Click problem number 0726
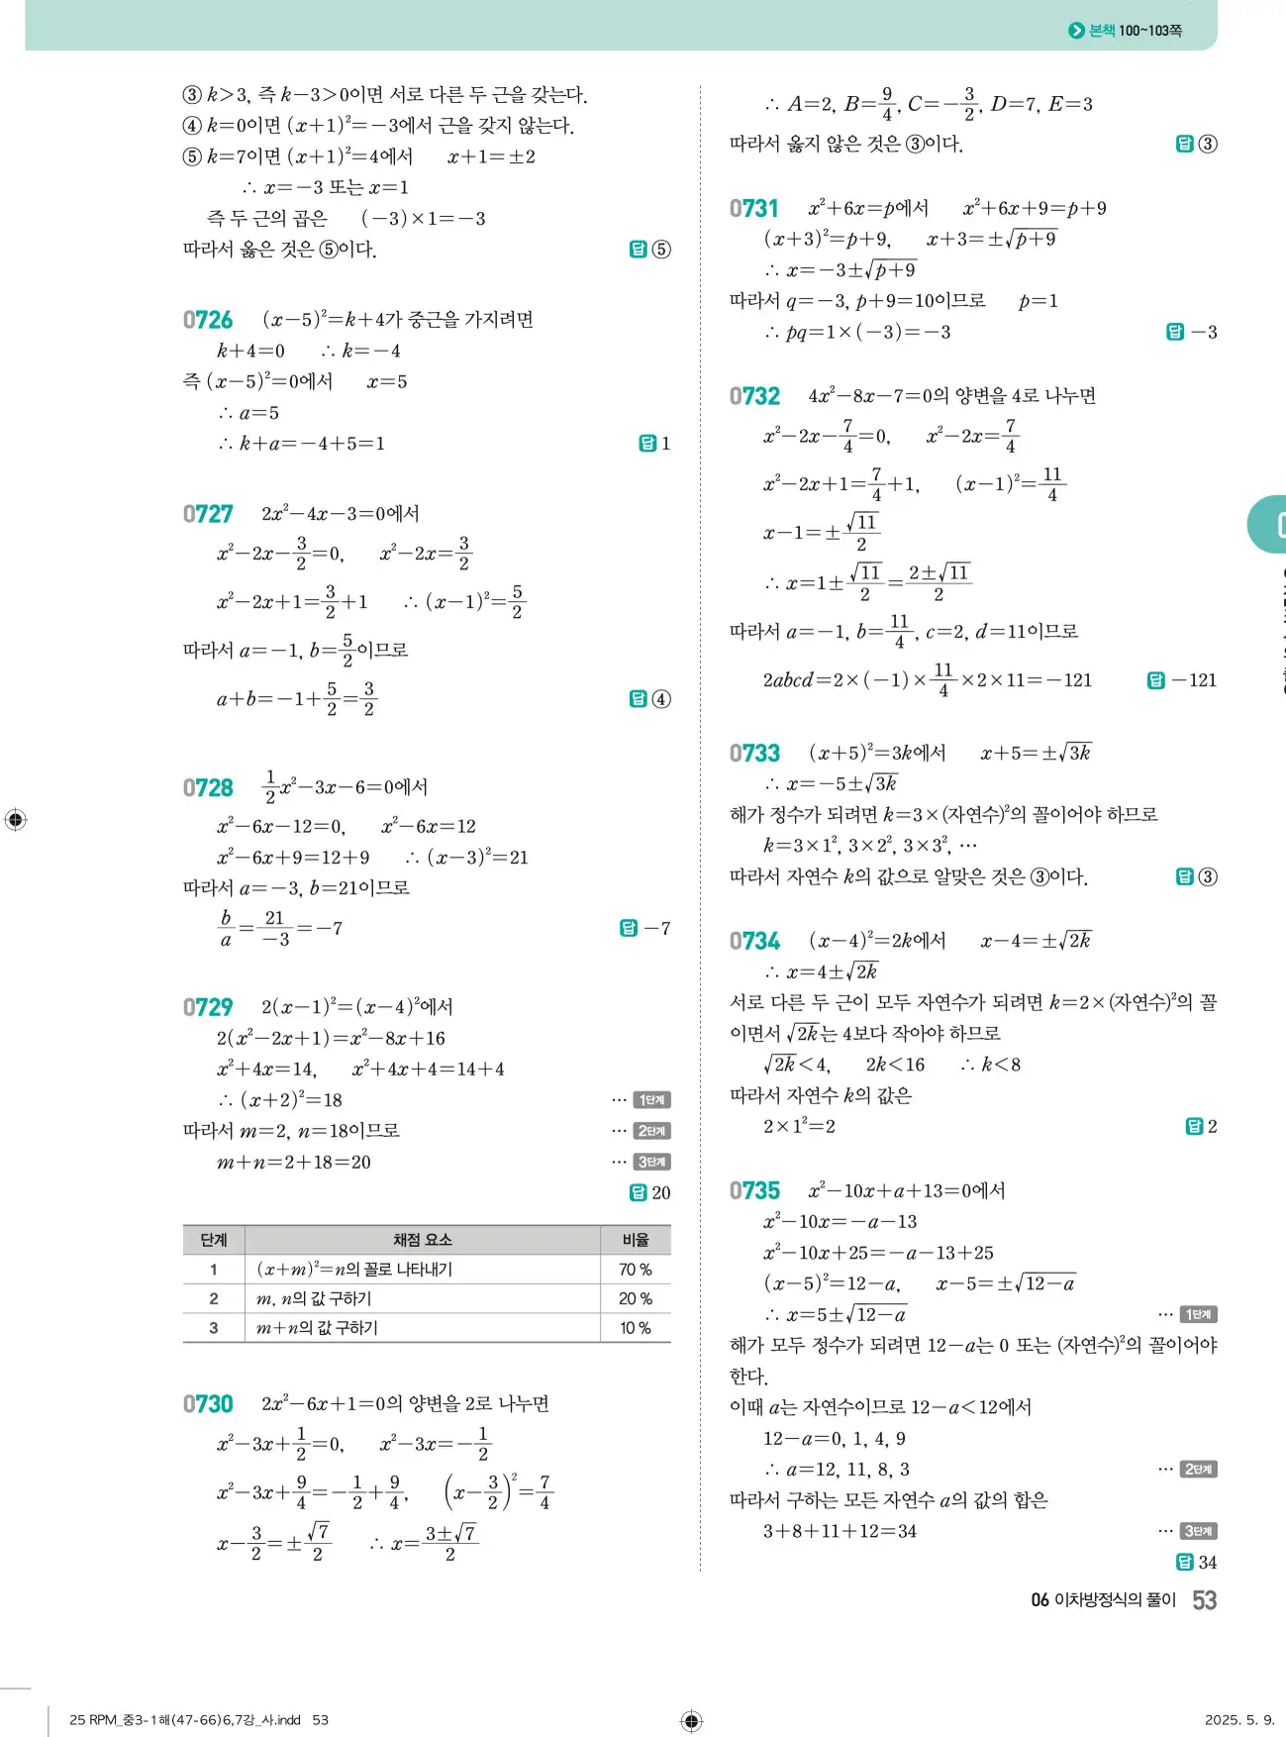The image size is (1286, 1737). click(x=208, y=320)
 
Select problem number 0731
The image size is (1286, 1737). click(x=754, y=209)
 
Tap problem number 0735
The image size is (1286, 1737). click(x=754, y=1191)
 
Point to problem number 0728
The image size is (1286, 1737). click(x=208, y=788)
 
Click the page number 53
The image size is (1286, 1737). click(x=1204, y=1600)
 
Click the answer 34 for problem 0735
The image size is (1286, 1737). click(x=1197, y=1562)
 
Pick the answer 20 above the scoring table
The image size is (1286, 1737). click(x=651, y=1193)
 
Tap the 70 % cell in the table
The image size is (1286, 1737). click(x=635, y=1270)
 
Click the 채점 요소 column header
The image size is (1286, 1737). click(x=422, y=1240)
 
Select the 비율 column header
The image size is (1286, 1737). click(x=635, y=1240)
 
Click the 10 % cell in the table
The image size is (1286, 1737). click(x=635, y=1328)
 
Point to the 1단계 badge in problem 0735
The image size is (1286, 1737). click(x=1198, y=1314)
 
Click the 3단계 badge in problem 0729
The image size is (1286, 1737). click(x=651, y=1162)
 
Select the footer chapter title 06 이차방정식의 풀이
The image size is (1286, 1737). click(x=1103, y=1600)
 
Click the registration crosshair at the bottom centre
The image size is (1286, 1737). click(x=692, y=1721)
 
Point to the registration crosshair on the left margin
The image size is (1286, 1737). click(x=16, y=820)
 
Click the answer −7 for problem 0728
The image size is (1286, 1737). click(x=645, y=928)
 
